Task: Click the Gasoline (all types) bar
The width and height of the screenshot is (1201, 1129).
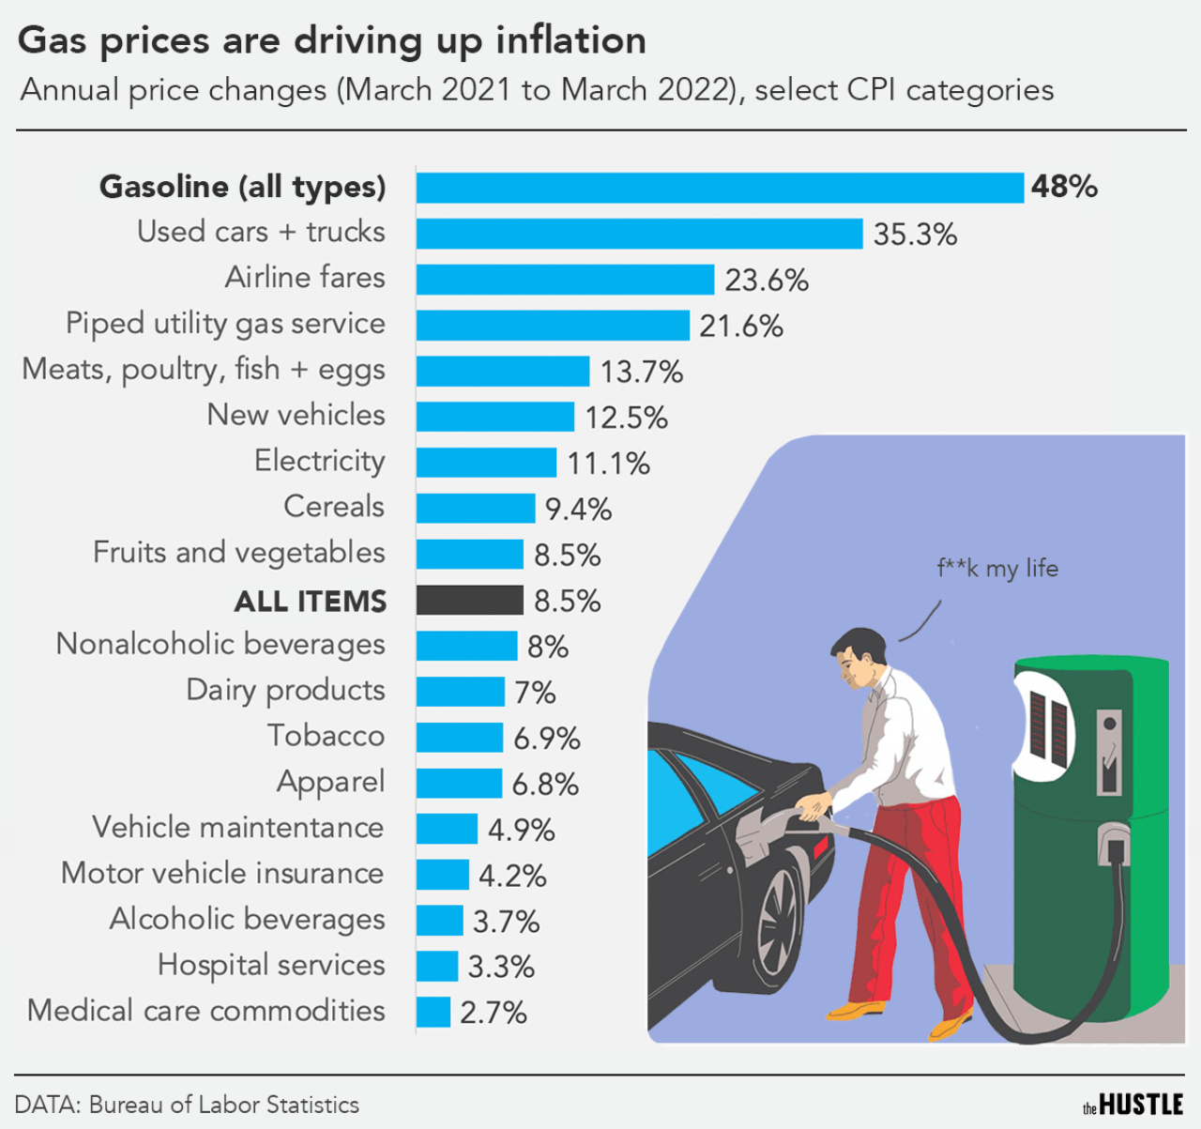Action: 720,188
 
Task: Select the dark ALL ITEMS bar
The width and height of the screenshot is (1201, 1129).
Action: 469,600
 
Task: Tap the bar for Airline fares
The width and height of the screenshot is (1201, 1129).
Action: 565,280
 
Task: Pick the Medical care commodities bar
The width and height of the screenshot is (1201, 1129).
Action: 433,1012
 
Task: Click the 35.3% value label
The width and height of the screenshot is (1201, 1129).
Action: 915,235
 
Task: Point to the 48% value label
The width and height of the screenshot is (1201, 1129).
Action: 1064,187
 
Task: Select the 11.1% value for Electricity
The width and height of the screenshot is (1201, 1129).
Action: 608,464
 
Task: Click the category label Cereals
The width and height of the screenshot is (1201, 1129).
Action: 334,507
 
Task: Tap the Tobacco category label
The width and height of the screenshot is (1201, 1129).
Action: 326,736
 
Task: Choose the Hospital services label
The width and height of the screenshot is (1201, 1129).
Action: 271,965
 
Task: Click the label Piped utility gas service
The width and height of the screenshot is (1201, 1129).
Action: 225,324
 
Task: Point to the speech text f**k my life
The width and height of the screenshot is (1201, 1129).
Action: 997,569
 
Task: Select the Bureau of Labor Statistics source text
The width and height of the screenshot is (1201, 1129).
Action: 223,1105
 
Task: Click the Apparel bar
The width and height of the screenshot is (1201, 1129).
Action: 459,783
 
